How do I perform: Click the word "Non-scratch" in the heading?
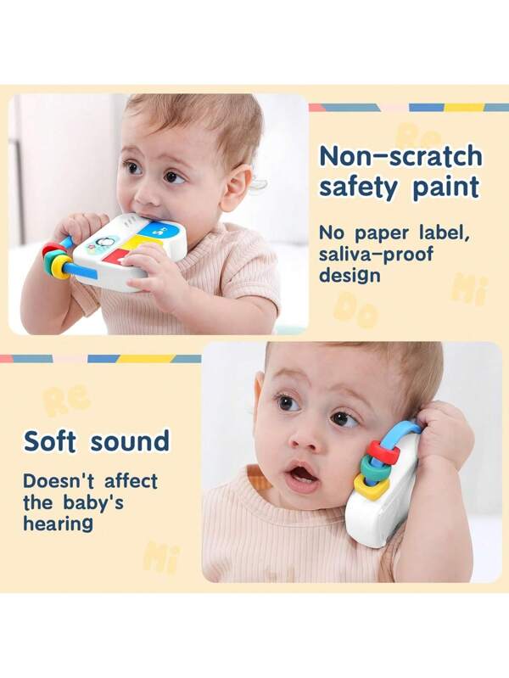(400, 156)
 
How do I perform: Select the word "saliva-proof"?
(376, 254)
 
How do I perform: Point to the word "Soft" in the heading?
(50, 441)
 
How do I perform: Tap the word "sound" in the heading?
(130, 441)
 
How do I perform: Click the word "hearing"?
(58, 524)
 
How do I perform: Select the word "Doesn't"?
(53, 481)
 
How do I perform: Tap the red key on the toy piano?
(114, 257)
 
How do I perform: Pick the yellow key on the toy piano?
(135, 244)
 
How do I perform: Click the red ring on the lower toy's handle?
(383, 452)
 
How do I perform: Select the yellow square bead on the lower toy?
(366, 485)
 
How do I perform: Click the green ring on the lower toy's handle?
(373, 468)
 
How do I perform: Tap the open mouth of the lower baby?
(301, 477)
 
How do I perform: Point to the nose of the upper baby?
(146, 193)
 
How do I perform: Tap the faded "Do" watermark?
(355, 308)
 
